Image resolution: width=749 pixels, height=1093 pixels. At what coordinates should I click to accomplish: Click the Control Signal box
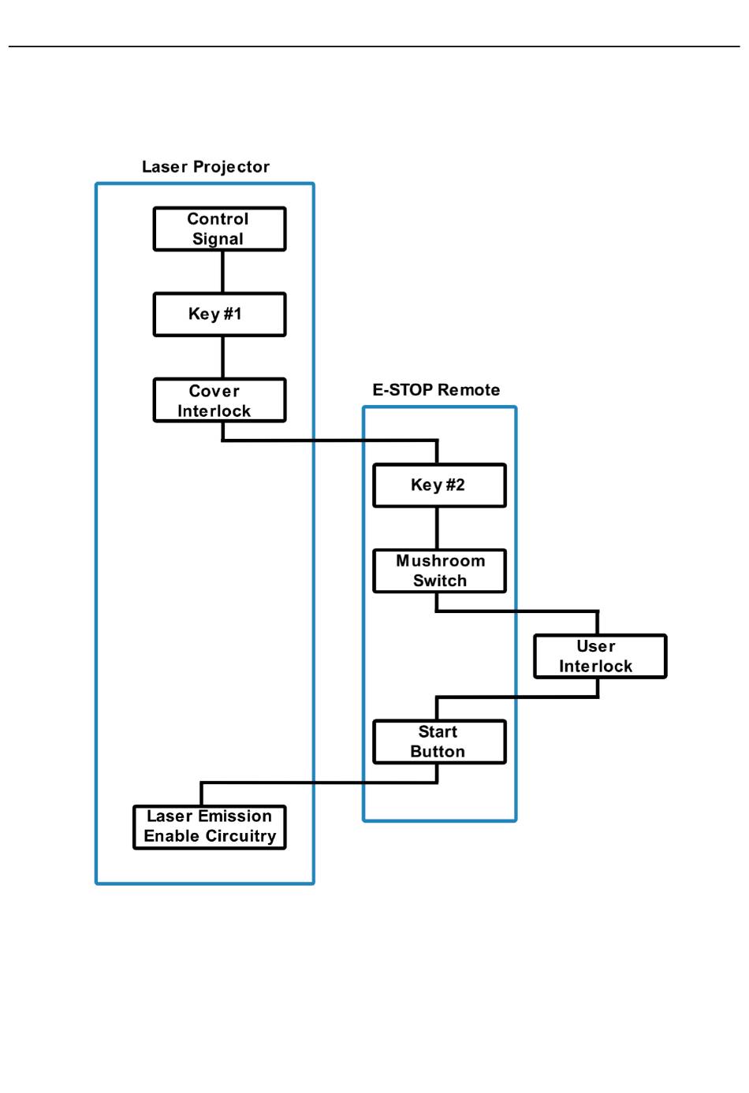tap(220, 229)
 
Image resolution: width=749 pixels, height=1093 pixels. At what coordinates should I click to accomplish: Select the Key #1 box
tap(220, 314)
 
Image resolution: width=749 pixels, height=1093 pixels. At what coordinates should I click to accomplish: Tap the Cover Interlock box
tap(220, 400)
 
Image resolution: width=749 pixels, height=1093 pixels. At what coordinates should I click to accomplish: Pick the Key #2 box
tap(439, 485)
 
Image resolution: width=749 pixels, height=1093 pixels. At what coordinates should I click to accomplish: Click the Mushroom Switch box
tap(439, 571)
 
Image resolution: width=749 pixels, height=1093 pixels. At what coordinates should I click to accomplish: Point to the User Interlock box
tap(600, 656)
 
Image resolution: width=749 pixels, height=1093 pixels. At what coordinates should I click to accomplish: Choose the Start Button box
tap(439, 742)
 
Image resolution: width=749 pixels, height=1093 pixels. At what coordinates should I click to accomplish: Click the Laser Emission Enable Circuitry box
tap(210, 827)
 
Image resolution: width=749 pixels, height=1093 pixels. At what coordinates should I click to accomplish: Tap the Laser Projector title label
tap(206, 167)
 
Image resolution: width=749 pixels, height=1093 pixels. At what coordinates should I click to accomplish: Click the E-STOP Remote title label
tap(436, 390)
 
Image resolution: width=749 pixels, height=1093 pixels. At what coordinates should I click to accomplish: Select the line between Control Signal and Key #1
tap(223, 272)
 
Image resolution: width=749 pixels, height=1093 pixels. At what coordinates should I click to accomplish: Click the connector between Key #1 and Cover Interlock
tap(223, 357)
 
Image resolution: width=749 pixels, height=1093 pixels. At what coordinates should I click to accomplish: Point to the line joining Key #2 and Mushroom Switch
tap(437, 529)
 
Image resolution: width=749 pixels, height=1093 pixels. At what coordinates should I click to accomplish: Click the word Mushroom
tap(441, 561)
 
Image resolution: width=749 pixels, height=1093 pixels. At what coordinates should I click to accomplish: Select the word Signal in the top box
tap(218, 240)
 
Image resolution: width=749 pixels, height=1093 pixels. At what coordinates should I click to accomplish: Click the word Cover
tap(214, 392)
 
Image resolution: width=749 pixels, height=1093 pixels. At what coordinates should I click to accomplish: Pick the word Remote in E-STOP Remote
tap(469, 390)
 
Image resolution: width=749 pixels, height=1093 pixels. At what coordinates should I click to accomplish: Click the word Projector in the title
tap(232, 167)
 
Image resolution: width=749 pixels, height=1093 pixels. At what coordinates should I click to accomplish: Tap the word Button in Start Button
tap(438, 752)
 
